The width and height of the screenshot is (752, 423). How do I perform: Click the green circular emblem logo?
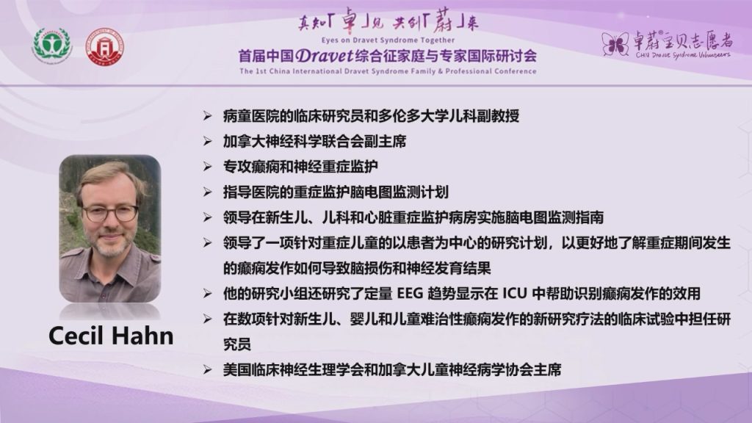click(x=52, y=46)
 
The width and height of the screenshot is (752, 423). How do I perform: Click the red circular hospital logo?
click(x=104, y=47)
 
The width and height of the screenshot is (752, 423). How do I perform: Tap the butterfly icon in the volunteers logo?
click(x=615, y=44)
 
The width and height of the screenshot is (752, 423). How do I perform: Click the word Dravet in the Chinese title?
click(x=325, y=56)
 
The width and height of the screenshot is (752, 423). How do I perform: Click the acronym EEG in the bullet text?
click(x=408, y=294)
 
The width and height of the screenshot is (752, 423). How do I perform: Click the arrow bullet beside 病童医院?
click(x=207, y=115)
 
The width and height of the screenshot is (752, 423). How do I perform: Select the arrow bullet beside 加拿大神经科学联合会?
click(x=207, y=141)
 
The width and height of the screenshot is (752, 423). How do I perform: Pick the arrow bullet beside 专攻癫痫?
click(x=207, y=167)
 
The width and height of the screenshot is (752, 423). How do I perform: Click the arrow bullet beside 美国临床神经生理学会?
click(x=207, y=370)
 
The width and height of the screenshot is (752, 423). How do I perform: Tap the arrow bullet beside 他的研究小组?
click(x=207, y=294)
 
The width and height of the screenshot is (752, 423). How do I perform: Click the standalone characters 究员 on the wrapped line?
click(x=237, y=344)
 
